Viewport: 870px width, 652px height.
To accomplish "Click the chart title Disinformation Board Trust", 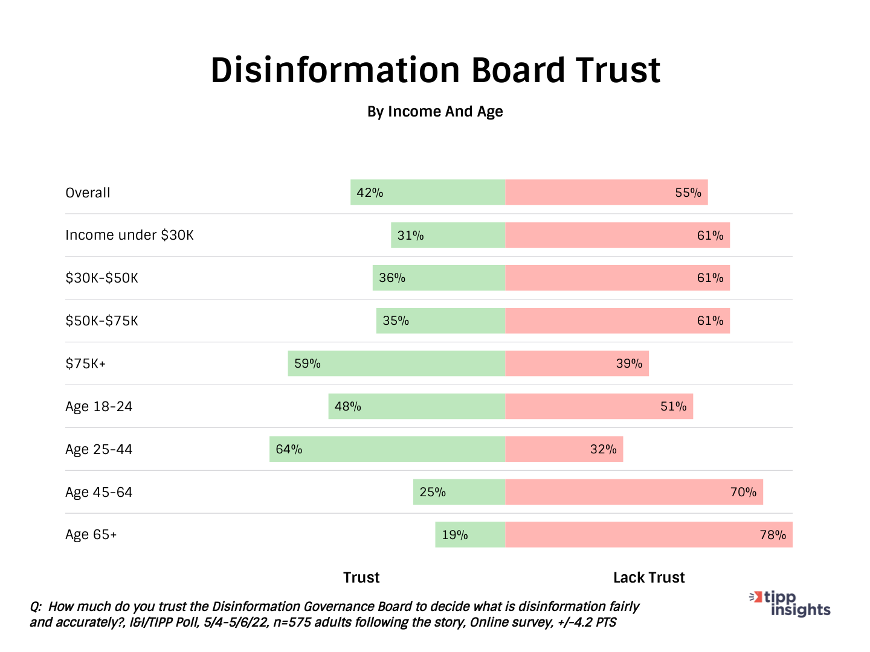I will [435, 70].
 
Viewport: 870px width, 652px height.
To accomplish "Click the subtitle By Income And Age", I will [435, 112].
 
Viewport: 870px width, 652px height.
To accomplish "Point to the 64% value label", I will [289, 449].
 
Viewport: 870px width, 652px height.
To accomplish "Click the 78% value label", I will [773, 535].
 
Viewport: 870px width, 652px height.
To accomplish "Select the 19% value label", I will [454, 535].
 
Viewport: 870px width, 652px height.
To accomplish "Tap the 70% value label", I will [743, 492].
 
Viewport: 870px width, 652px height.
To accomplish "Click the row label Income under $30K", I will [129, 235].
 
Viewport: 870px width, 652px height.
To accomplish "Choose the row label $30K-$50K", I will [101, 278].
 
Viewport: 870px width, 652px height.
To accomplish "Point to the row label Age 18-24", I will [98, 406].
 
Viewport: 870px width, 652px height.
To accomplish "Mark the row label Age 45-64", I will [98, 492].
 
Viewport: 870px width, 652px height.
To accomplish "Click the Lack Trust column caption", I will [649, 578].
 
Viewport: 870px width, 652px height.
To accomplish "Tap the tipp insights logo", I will [791, 604].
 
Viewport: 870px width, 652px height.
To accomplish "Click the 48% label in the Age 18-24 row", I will [347, 406].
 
